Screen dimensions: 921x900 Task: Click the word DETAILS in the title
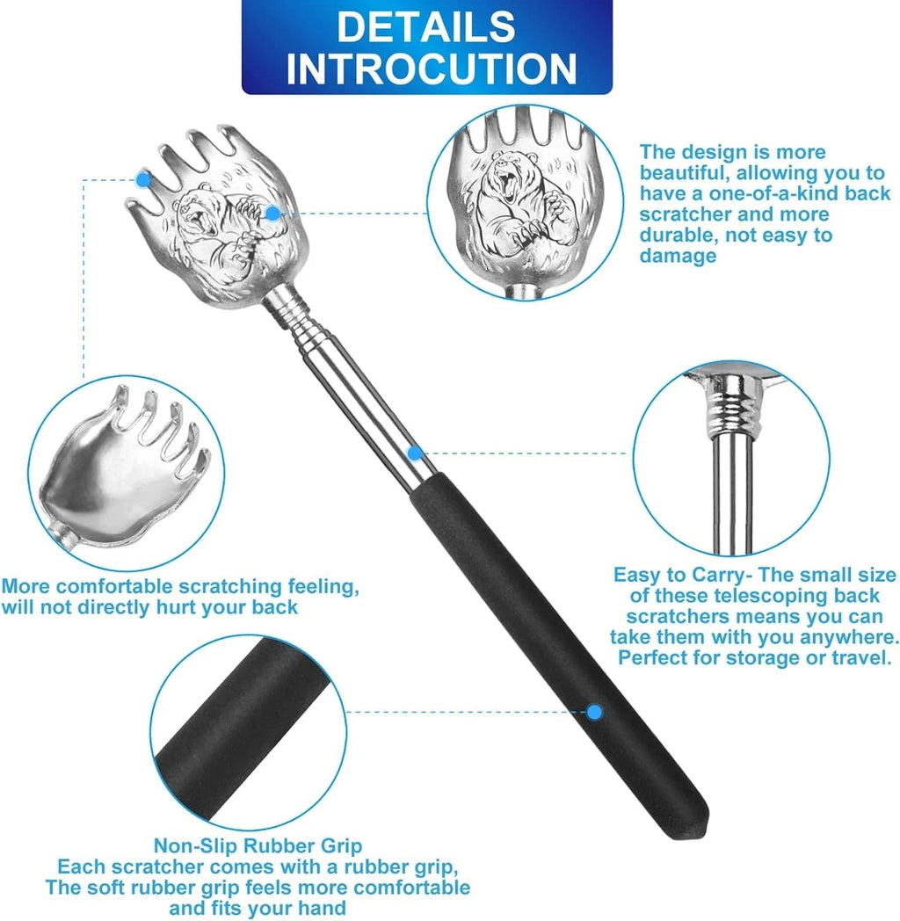426,26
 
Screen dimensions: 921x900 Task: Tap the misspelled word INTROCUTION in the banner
431,69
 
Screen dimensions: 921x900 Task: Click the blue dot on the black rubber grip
595,712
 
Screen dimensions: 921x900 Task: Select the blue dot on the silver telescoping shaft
414,453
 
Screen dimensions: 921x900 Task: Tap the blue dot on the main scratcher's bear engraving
272,213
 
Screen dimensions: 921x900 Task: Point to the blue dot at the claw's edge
143,180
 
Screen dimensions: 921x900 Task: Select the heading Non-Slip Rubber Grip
258,846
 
